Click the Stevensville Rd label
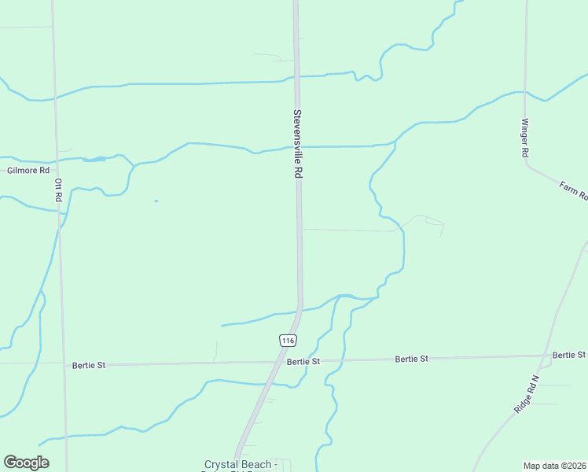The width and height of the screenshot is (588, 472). click(298, 145)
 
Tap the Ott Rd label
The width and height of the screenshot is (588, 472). click(58, 191)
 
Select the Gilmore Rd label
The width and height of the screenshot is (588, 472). click(28, 170)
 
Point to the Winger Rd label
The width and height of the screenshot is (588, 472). click(524, 138)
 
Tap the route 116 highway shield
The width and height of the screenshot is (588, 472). click(288, 340)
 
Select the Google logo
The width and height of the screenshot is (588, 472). click(26, 463)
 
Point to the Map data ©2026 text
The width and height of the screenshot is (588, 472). click(554, 466)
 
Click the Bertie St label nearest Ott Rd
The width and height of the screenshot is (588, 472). click(88, 365)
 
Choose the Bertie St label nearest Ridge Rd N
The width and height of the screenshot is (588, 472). click(569, 356)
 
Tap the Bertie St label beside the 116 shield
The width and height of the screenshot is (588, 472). click(303, 362)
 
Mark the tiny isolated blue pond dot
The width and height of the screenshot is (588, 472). click(156, 201)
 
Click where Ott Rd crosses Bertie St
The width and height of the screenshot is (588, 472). click(63, 363)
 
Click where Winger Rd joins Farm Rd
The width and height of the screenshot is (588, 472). click(525, 164)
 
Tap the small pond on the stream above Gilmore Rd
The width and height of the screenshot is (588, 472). click(94, 160)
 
